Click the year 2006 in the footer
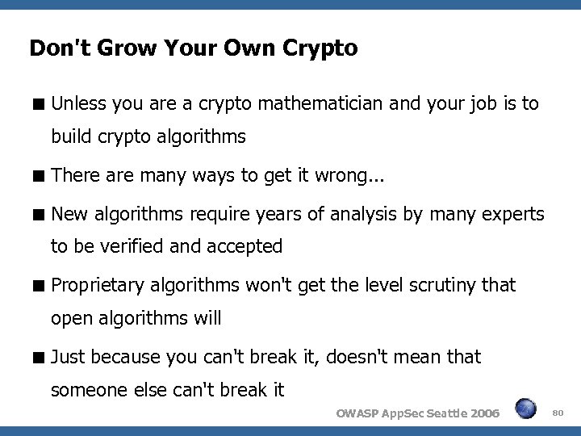pyautogui.click(x=482, y=413)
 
